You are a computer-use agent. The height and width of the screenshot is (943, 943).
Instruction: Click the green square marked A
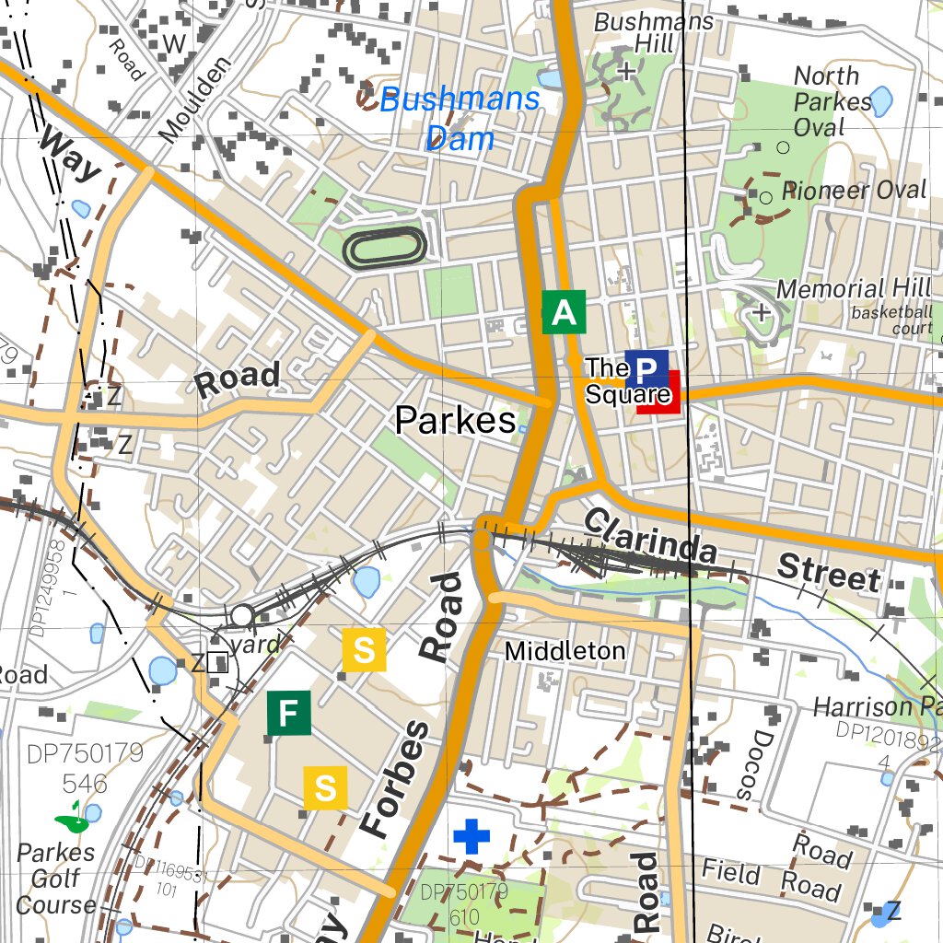pyautogui.click(x=564, y=313)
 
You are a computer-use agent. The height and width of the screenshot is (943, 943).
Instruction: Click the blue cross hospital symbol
pyautogui.click(x=472, y=837)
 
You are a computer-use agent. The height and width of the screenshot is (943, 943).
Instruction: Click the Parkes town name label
pyautogui.click(x=455, y=421)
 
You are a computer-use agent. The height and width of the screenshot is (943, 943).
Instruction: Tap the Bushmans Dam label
pyautogui.click(x=460, y=119)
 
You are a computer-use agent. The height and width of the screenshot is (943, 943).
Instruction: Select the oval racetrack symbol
pyautogui.click(x=385, y=247)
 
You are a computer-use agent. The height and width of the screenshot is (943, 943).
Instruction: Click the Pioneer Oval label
pyautogui.click(x=853, y=191)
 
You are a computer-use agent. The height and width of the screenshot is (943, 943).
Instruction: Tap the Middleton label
pyautogui.click(x=565, y=651)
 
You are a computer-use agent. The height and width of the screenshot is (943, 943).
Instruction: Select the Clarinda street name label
pyautogui.click(x=649, y=536)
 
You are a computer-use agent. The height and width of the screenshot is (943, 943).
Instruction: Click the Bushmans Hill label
pyautogui.click(x=654, y=33)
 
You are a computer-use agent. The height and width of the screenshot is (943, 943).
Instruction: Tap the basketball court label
pyautogui.click(x=891, y=320)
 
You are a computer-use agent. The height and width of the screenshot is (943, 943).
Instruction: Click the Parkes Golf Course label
pyautogui.click(x=56, y=879)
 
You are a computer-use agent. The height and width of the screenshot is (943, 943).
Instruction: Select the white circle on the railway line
pyautogui.click(x=242, y=614)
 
